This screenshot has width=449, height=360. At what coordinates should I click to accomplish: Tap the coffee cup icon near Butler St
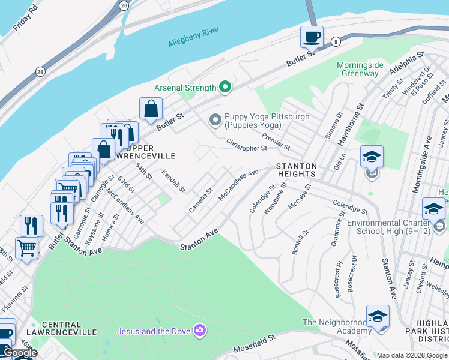pos(312,37)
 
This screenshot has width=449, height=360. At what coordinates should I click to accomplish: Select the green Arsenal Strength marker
pos(226,88)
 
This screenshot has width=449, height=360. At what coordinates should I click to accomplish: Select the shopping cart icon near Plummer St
pos(26,247)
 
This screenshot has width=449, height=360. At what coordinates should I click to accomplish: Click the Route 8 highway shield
pos(336,41)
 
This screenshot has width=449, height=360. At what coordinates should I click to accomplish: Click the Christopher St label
pos(246,145)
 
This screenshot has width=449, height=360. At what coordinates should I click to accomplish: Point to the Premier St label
pos(276,143)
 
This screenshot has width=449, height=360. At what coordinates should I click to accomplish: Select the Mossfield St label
pos(255,341)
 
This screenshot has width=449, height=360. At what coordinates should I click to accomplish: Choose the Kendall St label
pos(173,181)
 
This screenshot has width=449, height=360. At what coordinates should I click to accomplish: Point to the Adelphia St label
pos(406,64)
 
